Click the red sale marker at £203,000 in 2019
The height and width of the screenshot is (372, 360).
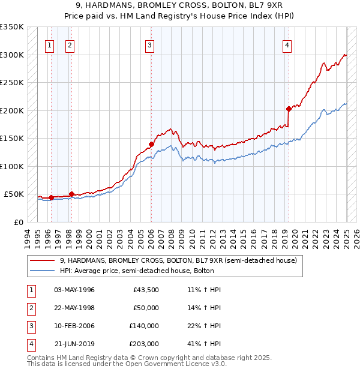(x=289, y=109)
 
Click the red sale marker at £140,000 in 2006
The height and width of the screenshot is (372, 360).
(x=151, y=144)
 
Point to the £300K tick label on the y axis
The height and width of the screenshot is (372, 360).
(x=12, y=55)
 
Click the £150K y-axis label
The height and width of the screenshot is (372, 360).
(x=12, y=139)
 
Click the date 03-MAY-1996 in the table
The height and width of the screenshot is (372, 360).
(x=74, y=290)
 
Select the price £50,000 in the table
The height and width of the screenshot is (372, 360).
(x=145, y=308)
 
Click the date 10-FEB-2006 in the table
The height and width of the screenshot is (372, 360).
(x=74, y=326)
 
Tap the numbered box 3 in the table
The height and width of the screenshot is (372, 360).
(x=31, y=326)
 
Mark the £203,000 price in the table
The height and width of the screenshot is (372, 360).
(x=143, y=344)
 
